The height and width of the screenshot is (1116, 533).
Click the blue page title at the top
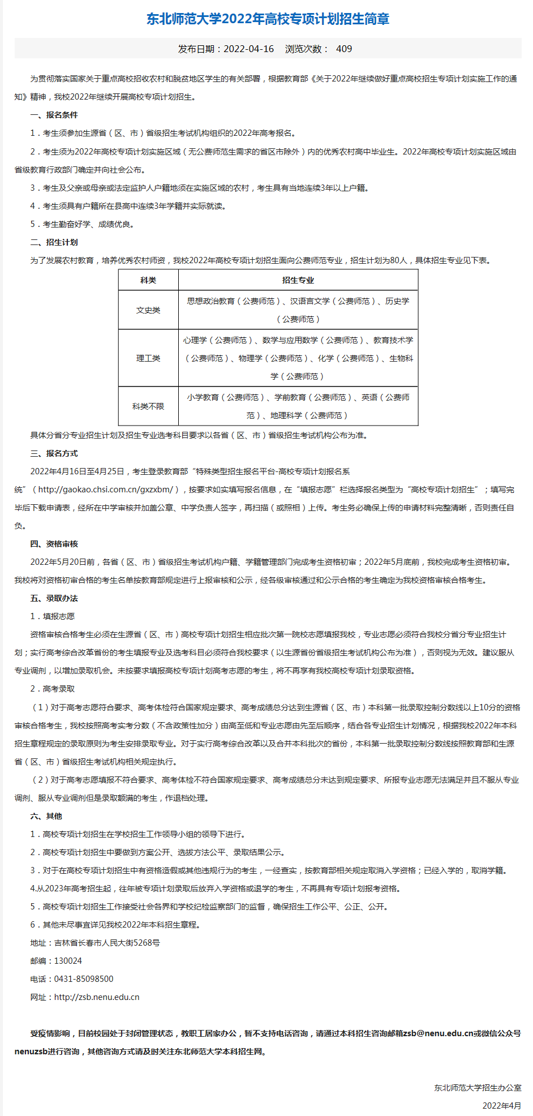tap(268, 19)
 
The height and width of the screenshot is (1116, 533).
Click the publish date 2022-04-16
tap(248, 49)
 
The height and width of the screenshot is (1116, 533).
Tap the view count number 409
tap(344, 49)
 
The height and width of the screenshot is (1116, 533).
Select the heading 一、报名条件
tap(54, 115)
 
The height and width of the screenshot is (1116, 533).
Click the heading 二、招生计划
tap(54, 242)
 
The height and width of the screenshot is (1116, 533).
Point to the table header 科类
tap(148, 280)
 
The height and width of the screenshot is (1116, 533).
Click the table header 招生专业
tap(298, 280)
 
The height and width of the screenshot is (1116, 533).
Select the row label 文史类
tap(148, 310)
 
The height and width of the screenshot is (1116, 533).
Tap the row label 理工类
tap(148, 358)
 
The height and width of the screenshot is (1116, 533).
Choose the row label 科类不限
tap(148, 406)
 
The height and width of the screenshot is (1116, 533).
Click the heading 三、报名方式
tap(54, 453)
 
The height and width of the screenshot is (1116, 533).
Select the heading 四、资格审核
tap(54, 544)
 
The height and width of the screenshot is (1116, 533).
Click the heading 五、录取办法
tap(54, 598)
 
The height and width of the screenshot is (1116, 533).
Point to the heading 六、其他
tap(46, 816)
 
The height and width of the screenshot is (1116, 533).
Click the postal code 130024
tap(68, 961)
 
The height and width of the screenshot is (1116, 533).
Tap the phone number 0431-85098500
tap(84, 979)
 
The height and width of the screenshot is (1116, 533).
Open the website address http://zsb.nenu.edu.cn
tap(97, 997)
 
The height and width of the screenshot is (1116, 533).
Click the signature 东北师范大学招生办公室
tap(478, 1088)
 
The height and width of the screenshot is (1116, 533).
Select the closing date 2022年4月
tap(501, 1106)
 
